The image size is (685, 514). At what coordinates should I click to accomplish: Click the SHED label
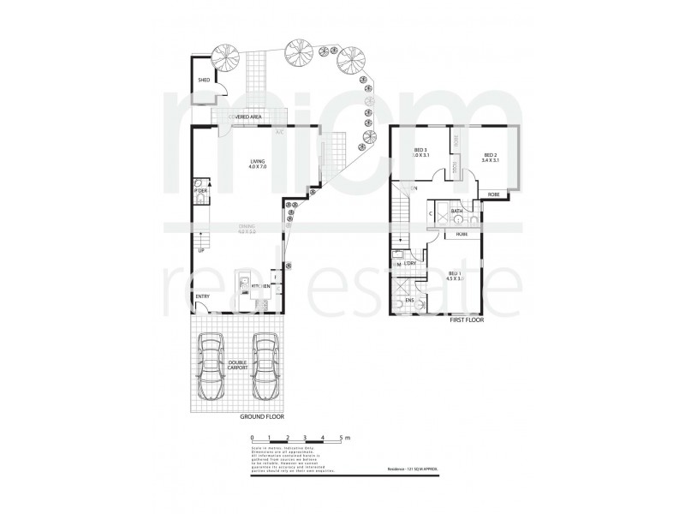pyautogui.click(x=204, y=80)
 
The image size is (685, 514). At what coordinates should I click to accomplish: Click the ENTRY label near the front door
pyautogui.click(x=203, y=297)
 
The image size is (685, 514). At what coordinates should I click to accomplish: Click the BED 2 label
pyautogui.click(x=491, y=155)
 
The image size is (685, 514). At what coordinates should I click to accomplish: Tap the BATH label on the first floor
pyautogui.click(x=457, y=211)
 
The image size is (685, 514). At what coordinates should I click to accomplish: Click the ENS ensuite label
pyautogui.click(x=409, y=302)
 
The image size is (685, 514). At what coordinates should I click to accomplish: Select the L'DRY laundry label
pyautogui.click(x=410, y=264)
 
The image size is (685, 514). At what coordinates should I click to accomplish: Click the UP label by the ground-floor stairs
pyautogui.click(x=201, y=250)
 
